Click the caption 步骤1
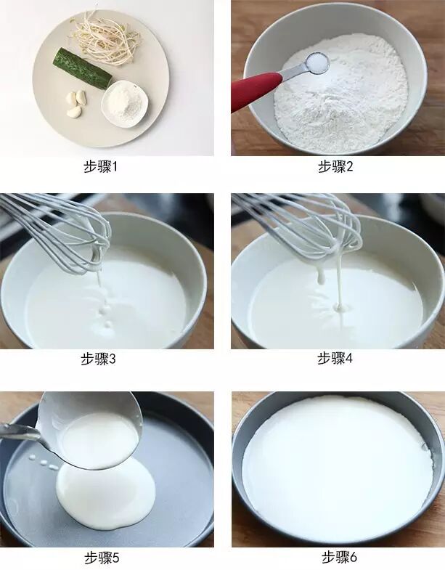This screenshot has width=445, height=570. coord(101,166)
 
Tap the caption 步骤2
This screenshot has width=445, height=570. coord(335,166)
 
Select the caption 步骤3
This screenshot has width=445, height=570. coord(98,359)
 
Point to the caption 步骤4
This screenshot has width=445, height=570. coord(335,359)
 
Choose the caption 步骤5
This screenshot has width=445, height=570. coord(102,558)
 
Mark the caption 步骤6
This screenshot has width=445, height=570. coord(339,556)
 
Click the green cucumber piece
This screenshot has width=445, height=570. coord(82,69)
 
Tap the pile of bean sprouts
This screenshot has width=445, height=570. coord(104,39)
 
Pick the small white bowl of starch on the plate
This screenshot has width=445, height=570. coord(125,103)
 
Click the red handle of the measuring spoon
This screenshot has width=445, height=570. coord(256,91)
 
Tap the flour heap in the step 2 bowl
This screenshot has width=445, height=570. coord(340,92)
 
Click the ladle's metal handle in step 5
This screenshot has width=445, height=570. coord(20,432)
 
